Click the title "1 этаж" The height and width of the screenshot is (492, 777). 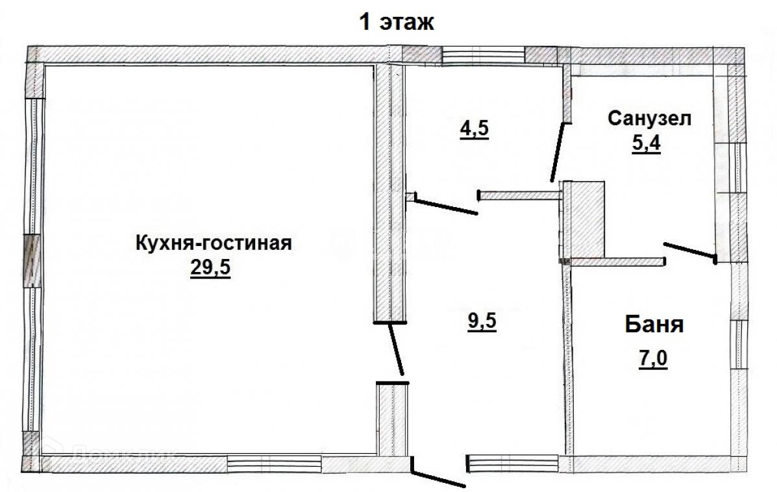(x=397, y=23)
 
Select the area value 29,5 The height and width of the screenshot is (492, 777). (x=210, y=268)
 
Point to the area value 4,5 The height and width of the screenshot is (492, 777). (x=474, y=128)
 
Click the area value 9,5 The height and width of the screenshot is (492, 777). (x=482, y=321)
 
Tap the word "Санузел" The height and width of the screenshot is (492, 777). (x=650, y=119)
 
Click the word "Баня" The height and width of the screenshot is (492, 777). (x=654, y=324)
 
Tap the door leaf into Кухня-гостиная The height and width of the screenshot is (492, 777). (x=396, y=350)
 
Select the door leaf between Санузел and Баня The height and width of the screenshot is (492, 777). (x=689, y=251)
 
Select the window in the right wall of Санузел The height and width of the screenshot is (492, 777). (x=737, y=167)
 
